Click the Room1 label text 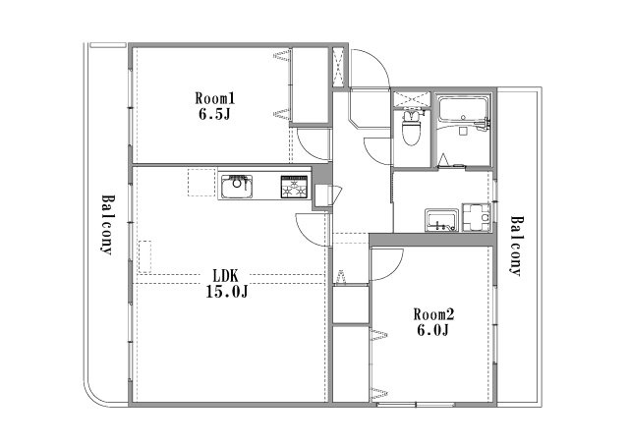click(214, 98)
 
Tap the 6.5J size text click(214, 115)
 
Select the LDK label click(226, 276)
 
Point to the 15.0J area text click(227, 292)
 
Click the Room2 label click(433, 314)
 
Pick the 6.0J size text click(433, 330)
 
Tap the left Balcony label click(107, 225)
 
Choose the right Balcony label click(518, 247)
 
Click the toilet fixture click(411, 128)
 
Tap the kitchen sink click(237, 187)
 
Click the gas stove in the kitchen click(294, 187)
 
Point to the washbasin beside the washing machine click(441, 220)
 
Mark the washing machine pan click(476, 218)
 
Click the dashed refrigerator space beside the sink click(201, 183)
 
